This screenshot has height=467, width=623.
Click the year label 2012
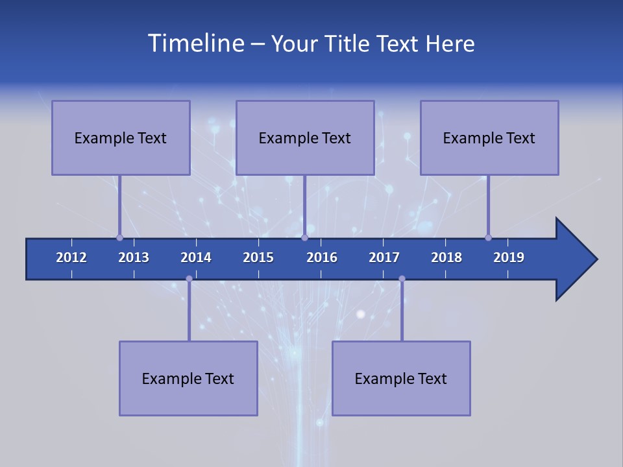pyautogui.click(x=71, y=257)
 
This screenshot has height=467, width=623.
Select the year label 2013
pyautogui.click(x=134, y=257)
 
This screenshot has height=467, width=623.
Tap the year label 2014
pyautogui.click(x=196, y=257)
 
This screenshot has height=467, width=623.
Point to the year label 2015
pyautogui.click(x=258, y=257)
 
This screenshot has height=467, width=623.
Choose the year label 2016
pyautogui.click(x=322, y=257)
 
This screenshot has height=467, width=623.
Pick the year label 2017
pyautogui.click(x=384, y=257)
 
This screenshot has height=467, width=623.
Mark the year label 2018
pyautogui.click(x=446, y=257)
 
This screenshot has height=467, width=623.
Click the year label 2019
pyautogui.click(x=509, y=257)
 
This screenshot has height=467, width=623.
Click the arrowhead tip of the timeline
pyautogui.click(x=596, y=259)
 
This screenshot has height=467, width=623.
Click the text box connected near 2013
pyautogui.click(x=121, y=138)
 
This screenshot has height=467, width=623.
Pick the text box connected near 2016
pyautogui.click(x=305, y=138)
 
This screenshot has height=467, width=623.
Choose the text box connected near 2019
pyautogui.click(x=489, y=138)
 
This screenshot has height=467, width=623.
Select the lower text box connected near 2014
pyautogui.click(x=188, y=378)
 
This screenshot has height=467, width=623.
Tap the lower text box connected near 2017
pyautogui.click(x=401, y=378)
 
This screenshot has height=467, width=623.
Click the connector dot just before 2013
pyautogui.click(x=119, y=237)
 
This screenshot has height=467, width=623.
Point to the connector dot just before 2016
pyautogui.click(x=304, y=237)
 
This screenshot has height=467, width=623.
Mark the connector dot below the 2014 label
pyautogui.click(x=189, y=279)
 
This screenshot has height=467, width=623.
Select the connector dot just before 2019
pyautogui.click(x=488, y=237)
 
